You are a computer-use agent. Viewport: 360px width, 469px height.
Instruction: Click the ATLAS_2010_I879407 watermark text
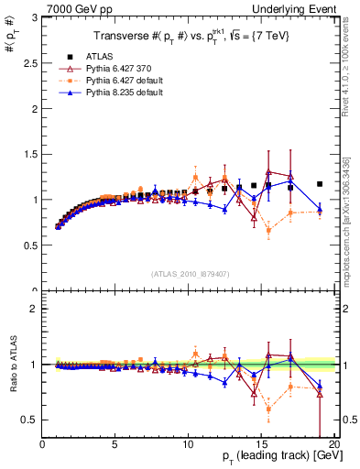click(x=191, y=272)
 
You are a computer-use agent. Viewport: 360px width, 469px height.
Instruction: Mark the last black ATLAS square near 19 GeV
click(x=320, y=184)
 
